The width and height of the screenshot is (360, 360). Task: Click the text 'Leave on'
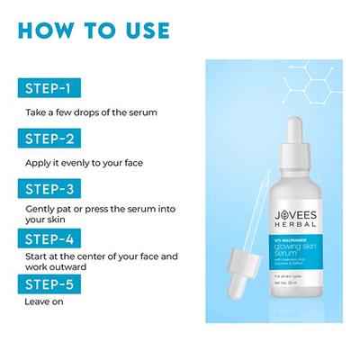click(x=42, y=303)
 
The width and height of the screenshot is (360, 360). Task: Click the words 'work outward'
click(x=56, y=267)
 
